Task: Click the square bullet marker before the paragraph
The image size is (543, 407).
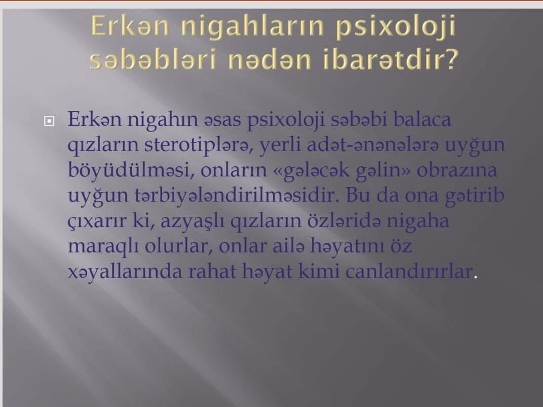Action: (x=49, y=121)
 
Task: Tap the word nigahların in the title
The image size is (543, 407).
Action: (x=252, y=27)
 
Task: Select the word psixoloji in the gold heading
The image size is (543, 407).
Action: (x=396, y=27)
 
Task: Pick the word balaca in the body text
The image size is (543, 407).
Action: (x=422, y=119)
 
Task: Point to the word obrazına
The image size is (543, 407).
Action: (x=457, y=170)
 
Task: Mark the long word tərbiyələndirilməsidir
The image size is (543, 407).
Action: (x=237, y=195)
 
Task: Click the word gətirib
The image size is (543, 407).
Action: (x=475, y=196)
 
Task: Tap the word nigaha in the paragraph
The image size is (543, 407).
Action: (x=418, y=221)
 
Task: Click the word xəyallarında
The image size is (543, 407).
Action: (x=125, y=272)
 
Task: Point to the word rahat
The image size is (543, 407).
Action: (x=212, y=272)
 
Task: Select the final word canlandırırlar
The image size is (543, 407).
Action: (x=409, y=272)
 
